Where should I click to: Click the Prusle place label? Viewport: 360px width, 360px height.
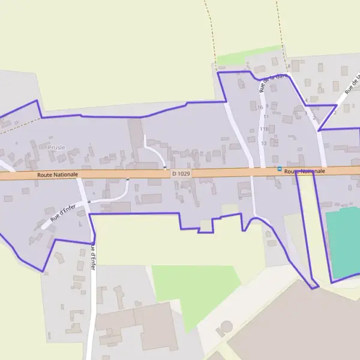pos(56,147)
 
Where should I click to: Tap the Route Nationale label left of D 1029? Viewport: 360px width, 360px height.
pos(58,174)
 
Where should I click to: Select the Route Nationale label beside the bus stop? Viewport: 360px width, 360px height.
pos(305,172)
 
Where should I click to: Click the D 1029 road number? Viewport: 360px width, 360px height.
pos(181,173)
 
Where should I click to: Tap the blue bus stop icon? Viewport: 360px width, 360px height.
pos(279,170)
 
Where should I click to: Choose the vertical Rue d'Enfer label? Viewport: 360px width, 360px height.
pos(93,255)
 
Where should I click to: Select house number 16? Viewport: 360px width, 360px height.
pos(259,107)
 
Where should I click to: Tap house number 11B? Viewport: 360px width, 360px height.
pos(263,129)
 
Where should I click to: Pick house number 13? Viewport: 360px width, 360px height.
pos(263,143)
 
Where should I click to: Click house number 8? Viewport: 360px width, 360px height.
pos(289,66)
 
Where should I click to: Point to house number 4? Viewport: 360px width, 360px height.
pos(306,100)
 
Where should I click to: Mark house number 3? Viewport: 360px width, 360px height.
pos(305,112)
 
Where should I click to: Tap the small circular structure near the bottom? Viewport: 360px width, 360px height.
pos(227,326)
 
